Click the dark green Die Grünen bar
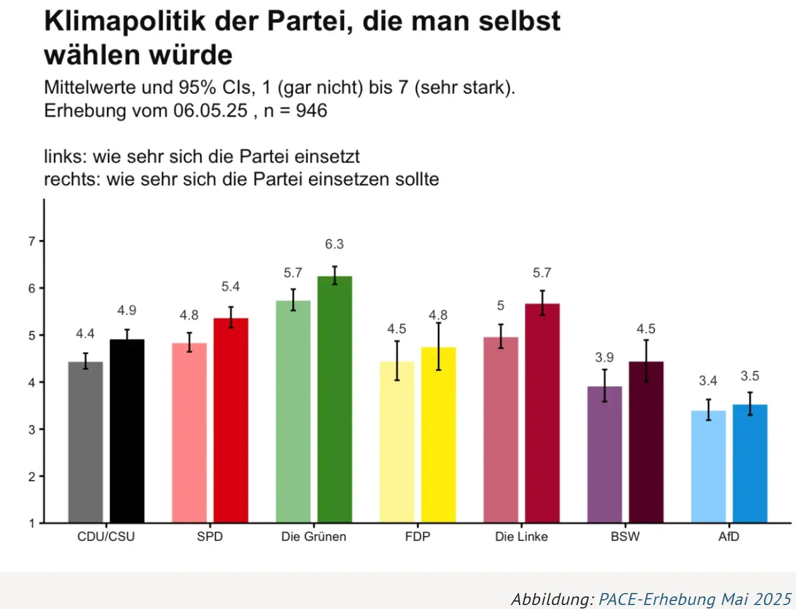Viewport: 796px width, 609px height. click(335, 400)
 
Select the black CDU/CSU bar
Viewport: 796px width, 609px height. click(127, 431)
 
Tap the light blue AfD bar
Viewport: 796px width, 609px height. click(708, 466)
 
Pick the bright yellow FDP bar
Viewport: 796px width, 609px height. click(439, 435)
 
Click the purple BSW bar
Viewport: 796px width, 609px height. click(605, 454)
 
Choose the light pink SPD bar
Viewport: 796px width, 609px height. click(189, 433)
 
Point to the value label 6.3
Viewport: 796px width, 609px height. click(335, 244)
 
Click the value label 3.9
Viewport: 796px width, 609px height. click(604, 357)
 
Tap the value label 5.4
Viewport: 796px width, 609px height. click(231, 287)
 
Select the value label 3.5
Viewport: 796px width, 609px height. click(750, 376)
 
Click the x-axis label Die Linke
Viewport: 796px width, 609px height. click(521, 537)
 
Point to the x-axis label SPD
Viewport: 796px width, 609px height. click(210, 537)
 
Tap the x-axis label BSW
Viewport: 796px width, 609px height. click(625, 537)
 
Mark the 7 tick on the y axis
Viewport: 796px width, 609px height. click(32, 241)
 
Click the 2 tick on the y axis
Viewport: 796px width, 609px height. click(32, 477)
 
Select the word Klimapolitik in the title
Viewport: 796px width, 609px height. click(124, 21)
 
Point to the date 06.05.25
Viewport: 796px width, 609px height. click(210, 110)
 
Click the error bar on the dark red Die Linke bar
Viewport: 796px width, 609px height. click(542, 303)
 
